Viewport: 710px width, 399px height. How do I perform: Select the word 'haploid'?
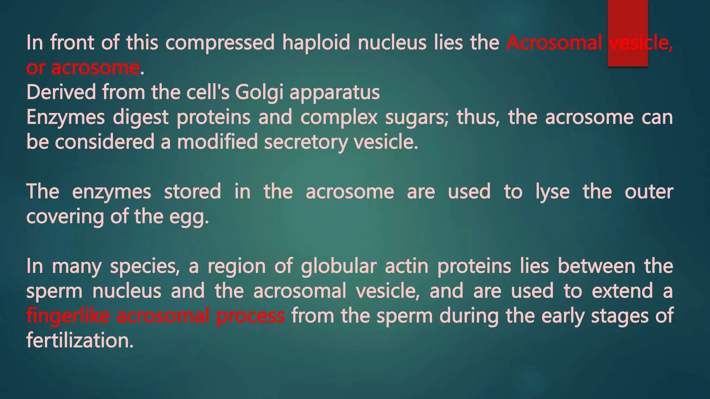tap(316, 43)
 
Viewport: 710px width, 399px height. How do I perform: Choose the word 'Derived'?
tap(61, 92)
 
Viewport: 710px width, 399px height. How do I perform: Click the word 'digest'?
tap(140, 118)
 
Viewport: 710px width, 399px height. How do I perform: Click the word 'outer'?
tap(649, 192)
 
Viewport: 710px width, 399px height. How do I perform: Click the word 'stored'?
tap(192, 192)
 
